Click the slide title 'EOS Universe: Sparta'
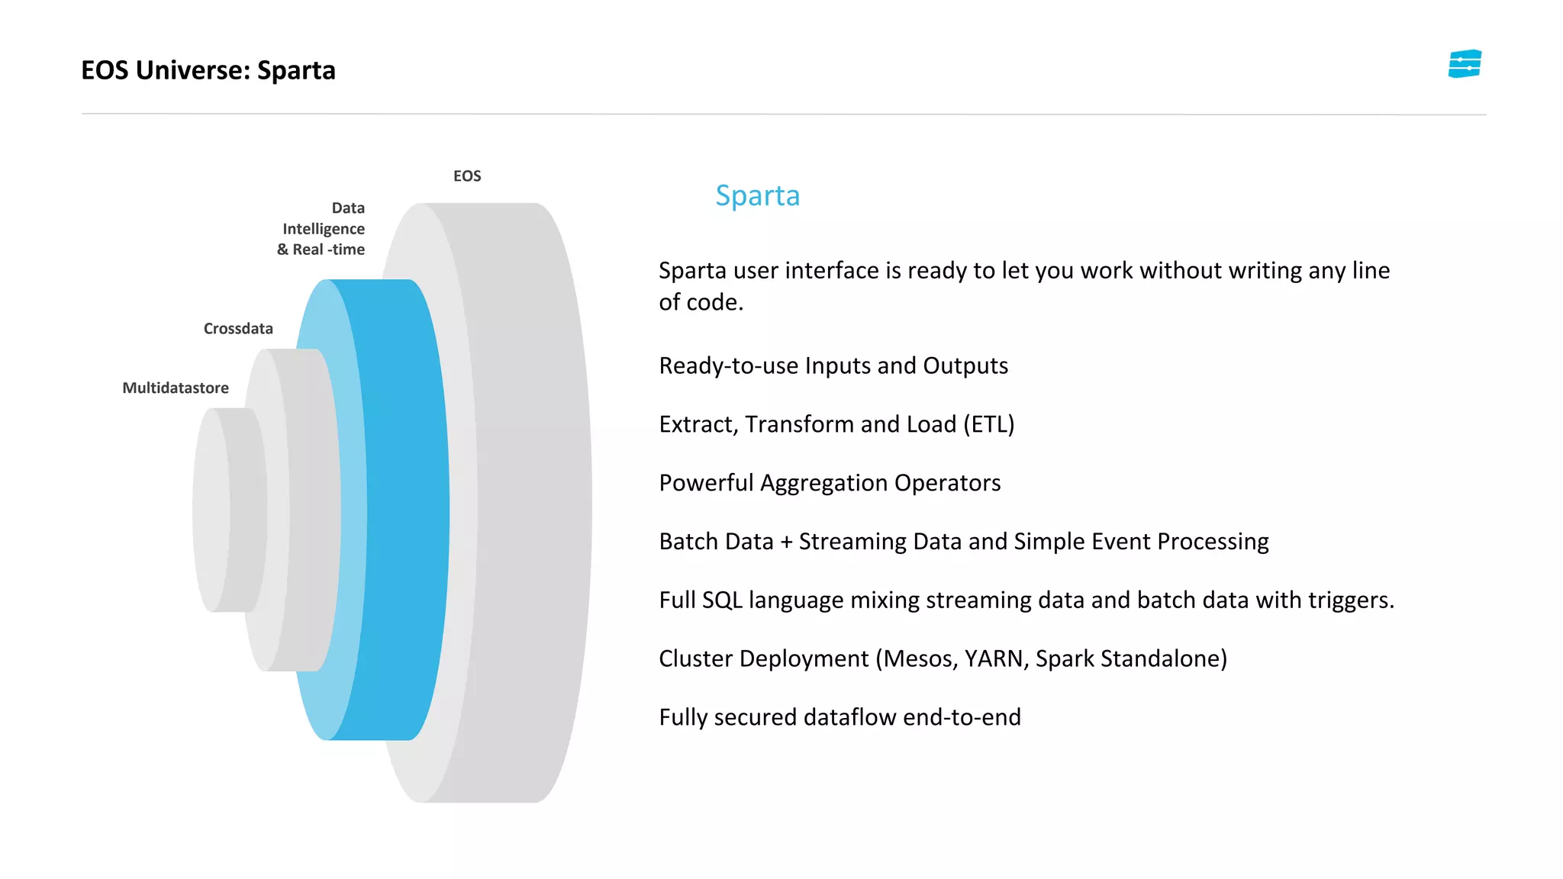(208, 70)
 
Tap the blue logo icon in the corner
(1465, 64)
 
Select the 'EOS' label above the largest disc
(467, 176)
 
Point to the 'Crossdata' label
(238, 329)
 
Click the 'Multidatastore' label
(176, 388)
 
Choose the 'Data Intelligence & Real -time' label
(322, 229)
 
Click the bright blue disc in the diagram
(404, 510)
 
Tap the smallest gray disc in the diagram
(229, 510)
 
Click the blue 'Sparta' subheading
(757, 196)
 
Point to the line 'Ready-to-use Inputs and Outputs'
(833, 366)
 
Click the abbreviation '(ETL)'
(989, 425)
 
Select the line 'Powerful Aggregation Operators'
(830, 483)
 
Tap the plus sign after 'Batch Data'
(786, 543)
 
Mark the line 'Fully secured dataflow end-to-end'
(840, 718)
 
